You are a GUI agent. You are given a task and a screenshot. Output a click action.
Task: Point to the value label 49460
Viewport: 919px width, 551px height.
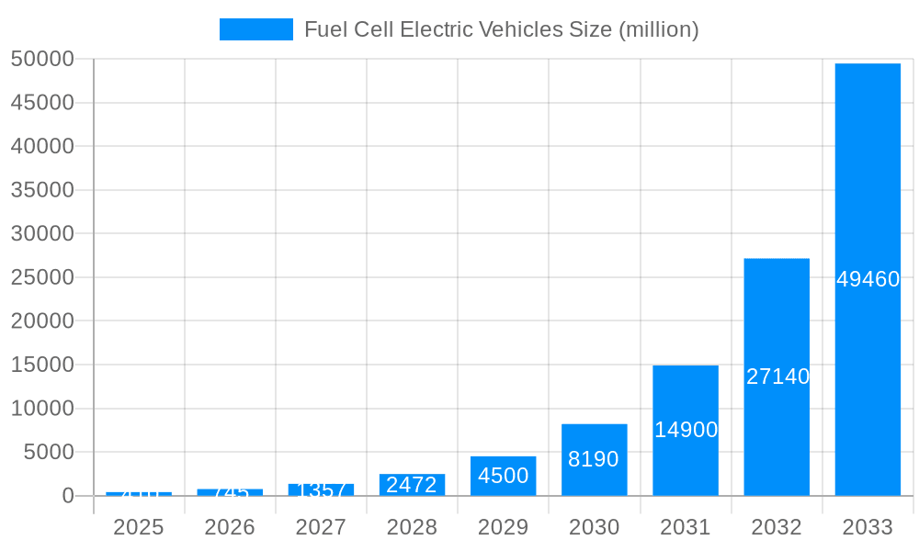tap(868, 279)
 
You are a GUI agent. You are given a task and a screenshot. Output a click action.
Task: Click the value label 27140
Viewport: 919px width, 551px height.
tap(777, 377)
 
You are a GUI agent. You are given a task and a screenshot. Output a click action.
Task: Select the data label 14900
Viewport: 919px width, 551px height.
tap(686, 430)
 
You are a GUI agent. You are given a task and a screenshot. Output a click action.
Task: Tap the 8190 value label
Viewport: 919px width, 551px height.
tap(594, 459)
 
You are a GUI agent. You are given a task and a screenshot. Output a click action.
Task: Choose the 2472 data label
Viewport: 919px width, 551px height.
tap(412, 485)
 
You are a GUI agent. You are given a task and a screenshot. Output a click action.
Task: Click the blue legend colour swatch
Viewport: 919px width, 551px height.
tap(255, 29)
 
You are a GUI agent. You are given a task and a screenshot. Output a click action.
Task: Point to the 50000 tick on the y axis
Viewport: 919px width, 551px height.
tap(42, 59)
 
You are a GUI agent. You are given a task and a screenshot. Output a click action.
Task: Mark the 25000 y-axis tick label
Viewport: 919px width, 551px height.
tap(42, 277)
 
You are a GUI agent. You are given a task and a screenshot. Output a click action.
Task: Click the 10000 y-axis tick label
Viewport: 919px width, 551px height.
tap(42, 409)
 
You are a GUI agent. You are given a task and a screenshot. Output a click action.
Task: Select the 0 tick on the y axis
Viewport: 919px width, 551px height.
tap(68, 496)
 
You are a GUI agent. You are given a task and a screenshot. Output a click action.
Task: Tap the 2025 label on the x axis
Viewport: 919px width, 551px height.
tap(138, 527)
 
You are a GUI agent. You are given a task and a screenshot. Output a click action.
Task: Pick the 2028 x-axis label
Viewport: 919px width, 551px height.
tap(412, 527)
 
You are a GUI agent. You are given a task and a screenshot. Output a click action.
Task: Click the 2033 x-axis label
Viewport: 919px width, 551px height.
tap(868, 527)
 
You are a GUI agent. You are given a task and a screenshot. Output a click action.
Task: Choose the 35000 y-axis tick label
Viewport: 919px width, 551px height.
tap(42, 190)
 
